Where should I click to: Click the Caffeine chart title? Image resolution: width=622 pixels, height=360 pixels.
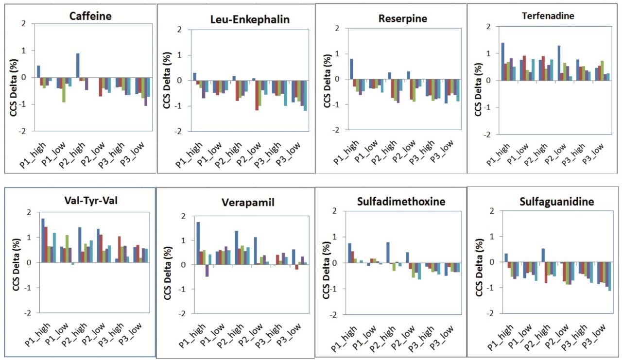pos(90,16)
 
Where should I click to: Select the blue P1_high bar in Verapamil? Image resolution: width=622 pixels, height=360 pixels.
pos(198,243)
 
